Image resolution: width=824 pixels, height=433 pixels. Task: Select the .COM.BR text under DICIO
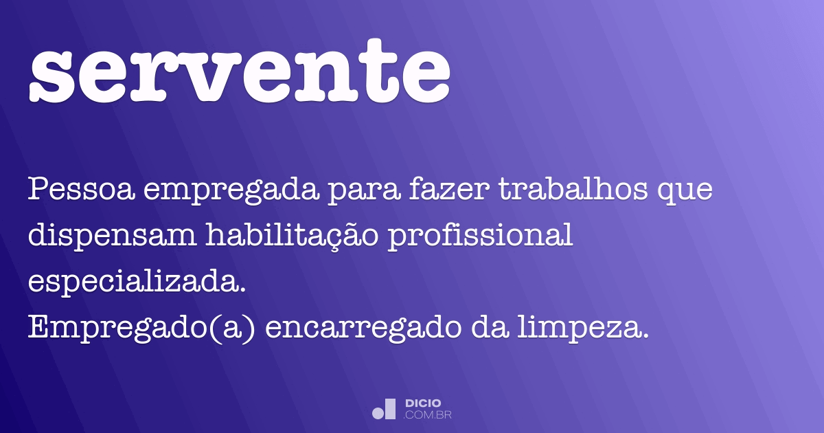(428, 415)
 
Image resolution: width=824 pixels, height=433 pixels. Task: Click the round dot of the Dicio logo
(378, 413)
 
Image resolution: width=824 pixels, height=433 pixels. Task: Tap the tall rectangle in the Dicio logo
(390, 409)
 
